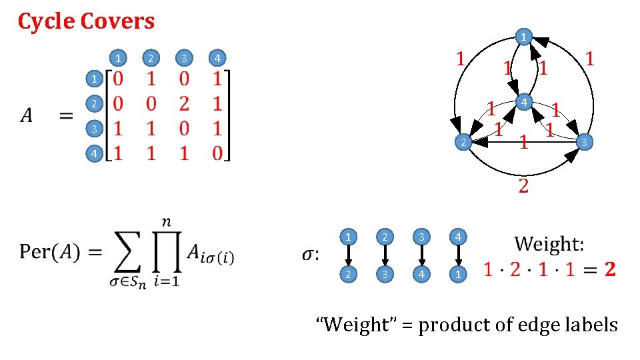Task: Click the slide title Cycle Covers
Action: (x=86, y=21)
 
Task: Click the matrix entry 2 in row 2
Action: (x=184, y=104)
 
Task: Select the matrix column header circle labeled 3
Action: (x=183, y=57)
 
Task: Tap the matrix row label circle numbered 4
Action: (x=95, y=154)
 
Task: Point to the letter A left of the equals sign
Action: (x=26, y=116)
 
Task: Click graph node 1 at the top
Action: (x=525, y=36)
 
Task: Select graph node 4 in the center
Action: (x=525, y=102)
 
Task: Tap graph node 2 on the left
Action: (x=460, y=142)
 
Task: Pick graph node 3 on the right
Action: (x=583, y=141)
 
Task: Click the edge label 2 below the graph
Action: (x=524, y=185)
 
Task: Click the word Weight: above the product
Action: (x=549, y=243)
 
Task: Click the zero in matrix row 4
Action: (x=218, y=154)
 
